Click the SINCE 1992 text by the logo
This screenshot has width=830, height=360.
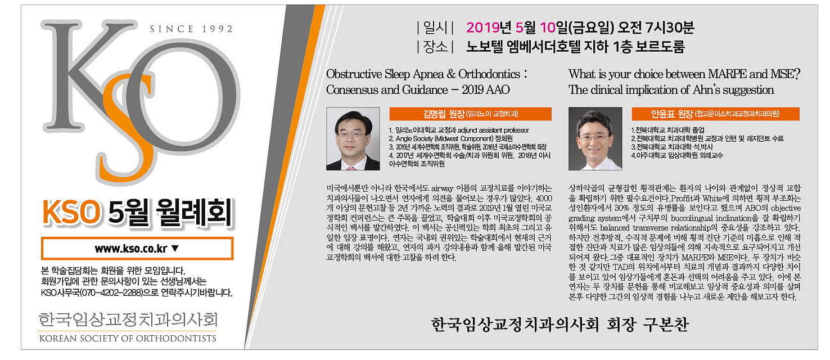point(191,29)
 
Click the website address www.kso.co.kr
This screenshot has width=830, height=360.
point(131,249)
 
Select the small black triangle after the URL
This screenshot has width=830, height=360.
point(175,248)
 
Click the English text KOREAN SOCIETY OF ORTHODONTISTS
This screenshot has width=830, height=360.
point(128,339)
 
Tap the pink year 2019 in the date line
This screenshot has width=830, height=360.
point(483,28)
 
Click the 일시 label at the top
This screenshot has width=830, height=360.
point(435,28)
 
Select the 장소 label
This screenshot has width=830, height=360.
point(435,47)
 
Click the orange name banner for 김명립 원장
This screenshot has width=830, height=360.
point(470,114)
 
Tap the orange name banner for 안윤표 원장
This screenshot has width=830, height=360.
point(715,114)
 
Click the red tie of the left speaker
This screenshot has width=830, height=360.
point(351,168)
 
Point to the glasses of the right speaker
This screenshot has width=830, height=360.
point(594,138)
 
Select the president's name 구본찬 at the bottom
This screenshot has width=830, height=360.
point(665,325)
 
